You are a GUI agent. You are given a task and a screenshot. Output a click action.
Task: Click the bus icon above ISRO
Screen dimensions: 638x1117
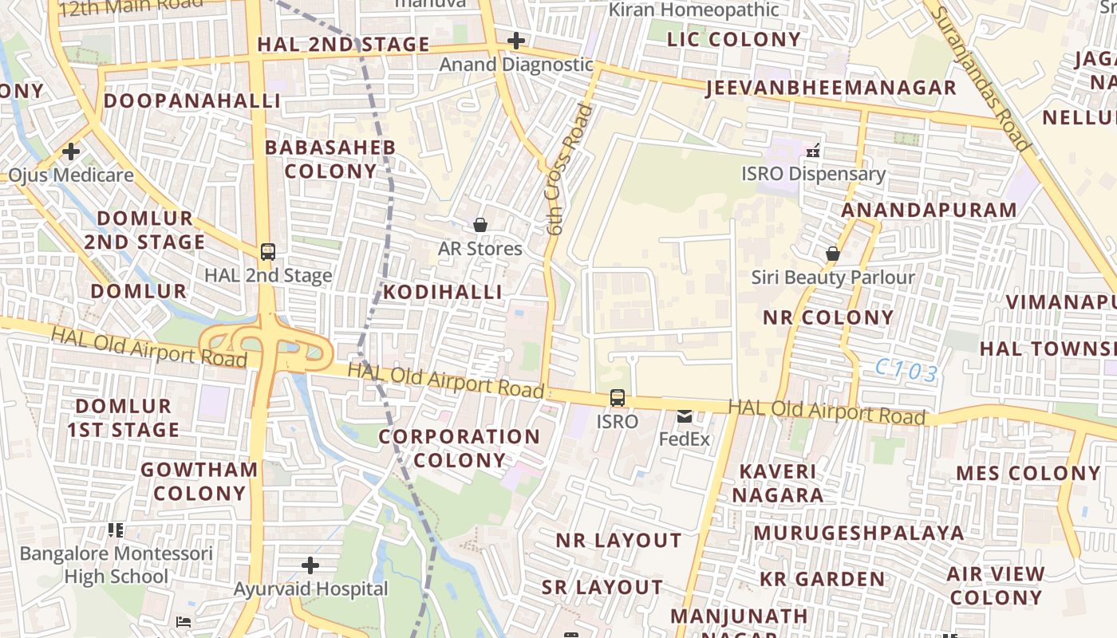pyautogui.click(x=617, y=397)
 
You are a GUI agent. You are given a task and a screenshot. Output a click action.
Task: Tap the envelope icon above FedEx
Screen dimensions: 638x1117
pyautogui.click(x=685, y=415)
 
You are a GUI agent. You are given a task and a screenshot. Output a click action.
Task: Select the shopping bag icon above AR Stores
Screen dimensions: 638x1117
pyautogui.click(x=480, y=226)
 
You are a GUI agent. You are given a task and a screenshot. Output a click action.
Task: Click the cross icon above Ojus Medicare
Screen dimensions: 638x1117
pyautogui.click(x=71, y=151)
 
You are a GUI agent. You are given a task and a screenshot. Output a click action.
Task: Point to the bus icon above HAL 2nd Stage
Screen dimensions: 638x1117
pyautogui.click(x=268, y=252)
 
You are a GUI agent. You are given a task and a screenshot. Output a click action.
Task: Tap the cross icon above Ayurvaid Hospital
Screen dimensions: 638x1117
pyautogui.click(x=310, y=566)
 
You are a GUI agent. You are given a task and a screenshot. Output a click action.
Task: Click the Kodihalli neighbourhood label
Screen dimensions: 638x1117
pyautogui.click(x=443, y=292)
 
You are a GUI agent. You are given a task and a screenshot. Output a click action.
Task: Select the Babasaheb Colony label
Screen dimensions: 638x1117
pyautogui.click(x=330, y=159)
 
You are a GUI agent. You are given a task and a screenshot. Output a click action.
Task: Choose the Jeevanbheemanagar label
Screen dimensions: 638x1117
pyautogui.click(x=831, y=88)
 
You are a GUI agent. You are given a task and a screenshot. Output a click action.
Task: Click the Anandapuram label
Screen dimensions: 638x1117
pyautogui.click(x=930, y=210)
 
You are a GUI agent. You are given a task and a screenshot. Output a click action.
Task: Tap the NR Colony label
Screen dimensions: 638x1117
pyautogui.click(x=828, y=317)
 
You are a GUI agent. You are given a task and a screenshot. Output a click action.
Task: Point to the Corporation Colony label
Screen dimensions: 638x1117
pyautogui.click(x=459, y=448)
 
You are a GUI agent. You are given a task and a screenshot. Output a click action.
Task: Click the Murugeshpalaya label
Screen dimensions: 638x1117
pyautogui.click(x=858, y=533)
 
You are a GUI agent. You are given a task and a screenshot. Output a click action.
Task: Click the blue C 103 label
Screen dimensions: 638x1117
pyautogui.click(x=906, y=371)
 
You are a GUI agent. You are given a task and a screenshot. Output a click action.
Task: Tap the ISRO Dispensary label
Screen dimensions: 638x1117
pyautogui.click(x=813, y=174)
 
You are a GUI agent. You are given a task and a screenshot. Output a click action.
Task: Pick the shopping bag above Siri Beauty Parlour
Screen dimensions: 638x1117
pyautogui.click(x=832, y=254)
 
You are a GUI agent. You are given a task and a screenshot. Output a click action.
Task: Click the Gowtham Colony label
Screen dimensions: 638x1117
pyautogui.click(x=199, y=481)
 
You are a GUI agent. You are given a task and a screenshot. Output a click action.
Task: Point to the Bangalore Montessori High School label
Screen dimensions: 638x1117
pyautogui.click(x=116, y=565)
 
